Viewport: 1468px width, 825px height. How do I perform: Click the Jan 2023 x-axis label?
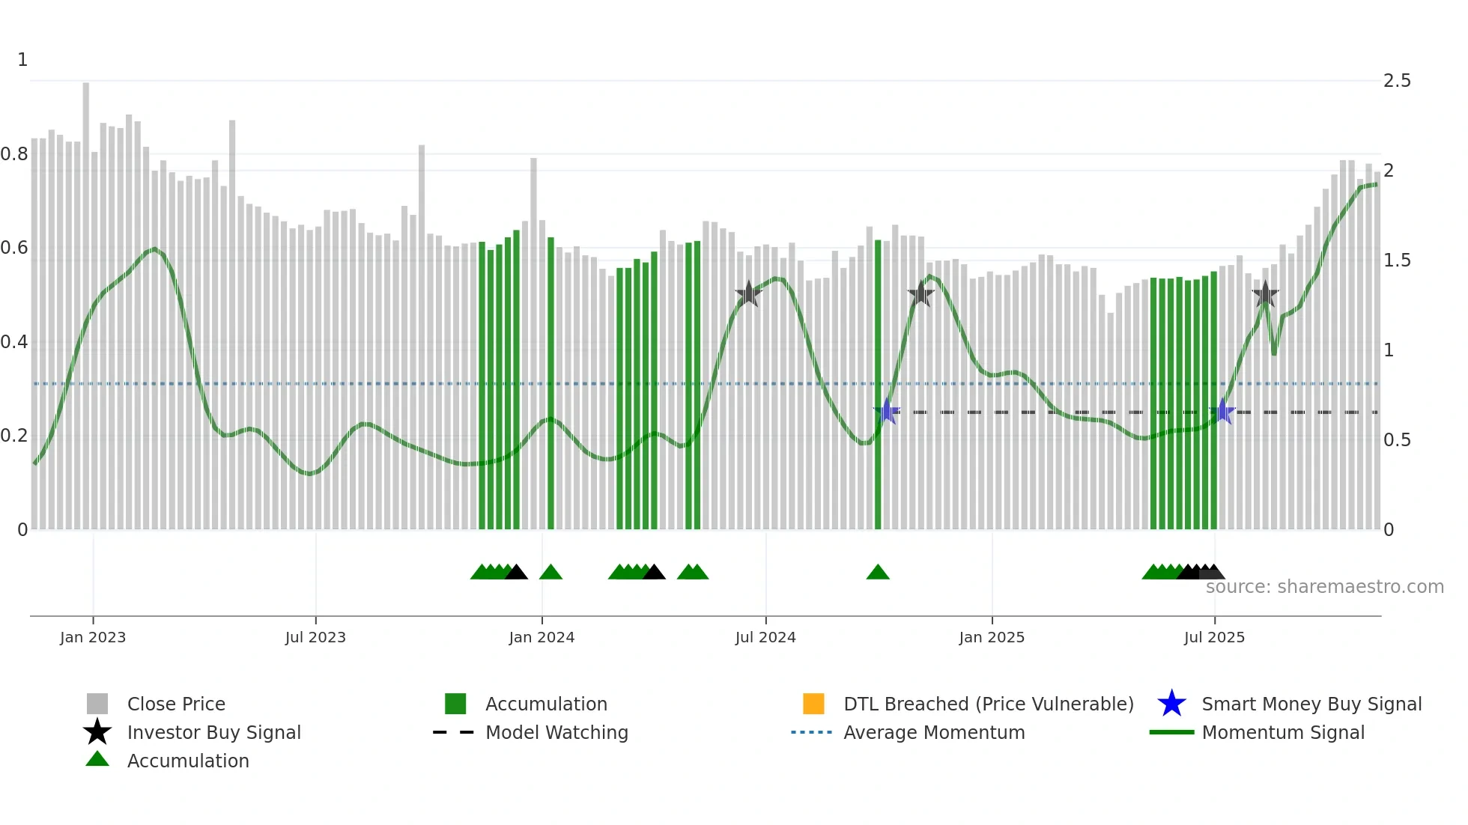tap(93, 637)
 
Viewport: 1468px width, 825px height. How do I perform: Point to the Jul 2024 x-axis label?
tap(765, 637)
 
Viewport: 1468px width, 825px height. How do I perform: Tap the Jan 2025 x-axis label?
tap(992, 637)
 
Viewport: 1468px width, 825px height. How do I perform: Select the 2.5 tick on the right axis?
tap(1397, 81)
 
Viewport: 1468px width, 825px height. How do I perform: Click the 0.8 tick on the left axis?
tap(14, 154)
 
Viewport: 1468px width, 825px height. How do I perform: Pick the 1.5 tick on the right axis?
tap(1397, 261)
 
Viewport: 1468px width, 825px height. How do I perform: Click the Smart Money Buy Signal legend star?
tap(1171, 704)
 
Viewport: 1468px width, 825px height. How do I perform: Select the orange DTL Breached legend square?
tap(813, 704)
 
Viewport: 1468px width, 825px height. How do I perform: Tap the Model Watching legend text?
tap(556, 732)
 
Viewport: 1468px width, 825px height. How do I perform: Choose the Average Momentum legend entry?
tap(934, 732)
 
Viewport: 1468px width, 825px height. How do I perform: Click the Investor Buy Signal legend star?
tap(97, 732)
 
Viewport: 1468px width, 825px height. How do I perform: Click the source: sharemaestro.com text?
tap(1324, 587)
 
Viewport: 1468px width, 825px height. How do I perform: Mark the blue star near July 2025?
tap(1222, 412)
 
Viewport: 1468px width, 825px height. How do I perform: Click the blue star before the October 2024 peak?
tap(887, 412)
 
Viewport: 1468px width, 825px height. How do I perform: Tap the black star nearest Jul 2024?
tap(748, 294)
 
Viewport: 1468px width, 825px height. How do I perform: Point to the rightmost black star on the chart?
tap(1265, 294)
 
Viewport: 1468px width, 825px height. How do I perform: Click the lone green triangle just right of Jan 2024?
tap(550, 573)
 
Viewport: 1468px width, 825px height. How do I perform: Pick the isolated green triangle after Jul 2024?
tap(878, 573)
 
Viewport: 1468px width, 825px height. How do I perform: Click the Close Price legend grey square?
tap(97, 704)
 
